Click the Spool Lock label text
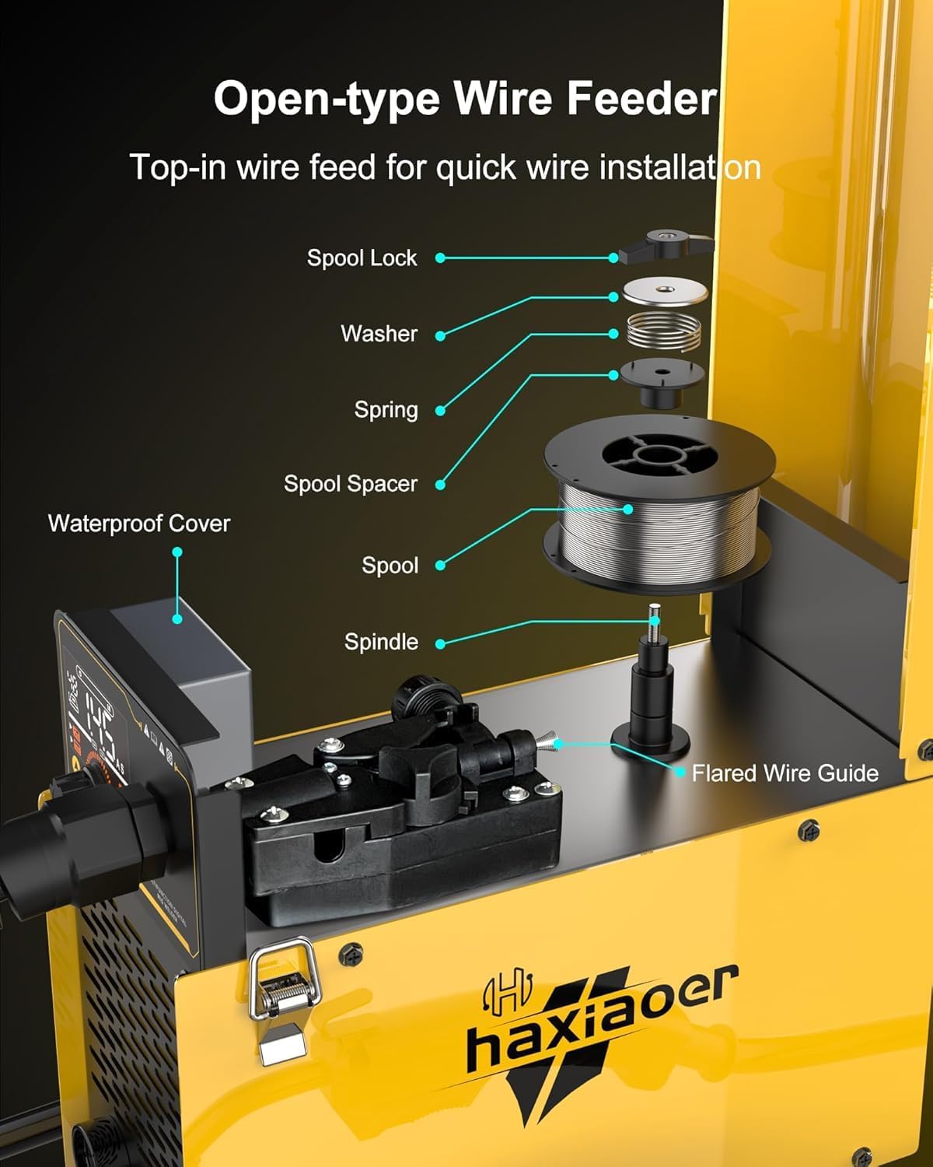(362, 258)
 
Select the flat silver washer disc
(666, 292)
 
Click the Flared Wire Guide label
(784, 773)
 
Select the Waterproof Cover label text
(139, 524)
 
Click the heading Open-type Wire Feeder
(465, 100)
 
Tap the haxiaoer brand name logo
(599, 1019)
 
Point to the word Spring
(386, 410)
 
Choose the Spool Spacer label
(350, 484)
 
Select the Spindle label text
(381, 642)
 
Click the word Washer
(379, 334)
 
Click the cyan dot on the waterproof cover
(177, 619)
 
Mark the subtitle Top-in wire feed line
(445, 167)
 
